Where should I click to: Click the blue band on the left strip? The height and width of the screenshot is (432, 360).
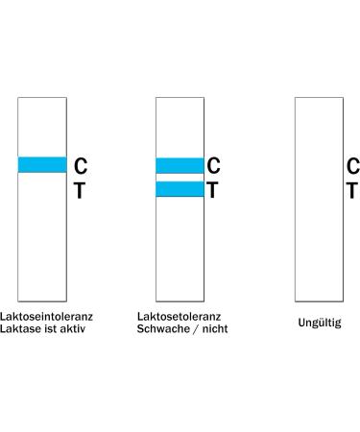tap(42, 165)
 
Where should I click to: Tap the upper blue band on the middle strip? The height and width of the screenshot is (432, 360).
tap(180, 165)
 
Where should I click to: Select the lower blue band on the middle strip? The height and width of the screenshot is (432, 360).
tap(180, 189)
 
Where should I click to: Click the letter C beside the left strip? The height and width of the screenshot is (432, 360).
tap(81, 167)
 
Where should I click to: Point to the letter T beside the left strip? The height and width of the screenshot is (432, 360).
tap(80, 191)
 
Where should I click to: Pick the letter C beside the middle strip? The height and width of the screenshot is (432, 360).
tap(213, 167)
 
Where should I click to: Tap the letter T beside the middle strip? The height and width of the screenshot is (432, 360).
tap(213, 190)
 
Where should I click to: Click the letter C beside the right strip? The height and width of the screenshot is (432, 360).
tap(352, 167)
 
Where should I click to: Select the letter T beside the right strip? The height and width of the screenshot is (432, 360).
tap(352, 190)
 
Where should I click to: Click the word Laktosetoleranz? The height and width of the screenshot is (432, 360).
tap(179, 315)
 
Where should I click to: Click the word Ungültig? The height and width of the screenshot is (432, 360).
tap(319, 324)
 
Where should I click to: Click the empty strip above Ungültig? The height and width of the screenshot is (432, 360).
tap(319, 230)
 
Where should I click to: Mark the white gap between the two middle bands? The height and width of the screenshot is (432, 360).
tap(180, 178)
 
